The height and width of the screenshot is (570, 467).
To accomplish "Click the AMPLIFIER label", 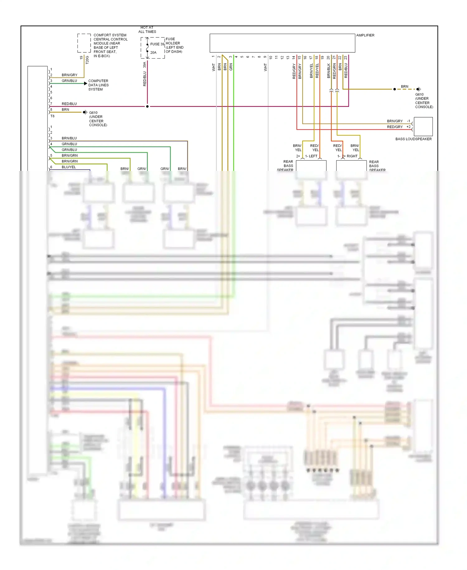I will [x=365, y=35].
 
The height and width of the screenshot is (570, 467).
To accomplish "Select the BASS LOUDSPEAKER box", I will [x=423, y=127].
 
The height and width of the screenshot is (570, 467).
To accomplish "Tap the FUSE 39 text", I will [x=157, y=44].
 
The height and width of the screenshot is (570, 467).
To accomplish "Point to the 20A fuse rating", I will [x=153, y=52].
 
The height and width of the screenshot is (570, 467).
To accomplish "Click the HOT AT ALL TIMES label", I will [x=147, y=30].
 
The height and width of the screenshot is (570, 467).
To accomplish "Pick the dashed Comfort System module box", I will [x=84, y=43].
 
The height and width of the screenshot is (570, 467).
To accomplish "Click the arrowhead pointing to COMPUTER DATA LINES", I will [x=86, y=84].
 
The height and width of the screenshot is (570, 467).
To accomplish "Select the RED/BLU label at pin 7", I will [x=69, y=104].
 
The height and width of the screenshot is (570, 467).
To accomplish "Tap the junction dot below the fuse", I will [x=147, y=106].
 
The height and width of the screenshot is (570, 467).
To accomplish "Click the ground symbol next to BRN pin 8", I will [x=85, y=112].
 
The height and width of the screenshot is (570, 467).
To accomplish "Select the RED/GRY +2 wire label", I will [x=395, y=127].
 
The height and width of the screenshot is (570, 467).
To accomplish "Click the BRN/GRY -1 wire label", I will [x=395, y=121].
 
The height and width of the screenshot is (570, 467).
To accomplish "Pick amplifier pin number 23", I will [x=346, y=58].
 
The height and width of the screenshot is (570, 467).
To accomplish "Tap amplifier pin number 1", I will [x=213, y=57].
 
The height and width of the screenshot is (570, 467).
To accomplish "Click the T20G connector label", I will [x=87, y=60].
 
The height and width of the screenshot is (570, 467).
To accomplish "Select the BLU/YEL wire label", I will [x=69, y=167].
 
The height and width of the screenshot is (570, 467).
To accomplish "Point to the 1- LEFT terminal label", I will [x=311, y=156].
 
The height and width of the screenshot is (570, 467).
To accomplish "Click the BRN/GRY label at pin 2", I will [x=69, y=75].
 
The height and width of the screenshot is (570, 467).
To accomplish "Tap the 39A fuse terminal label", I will [x=144, y=65].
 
